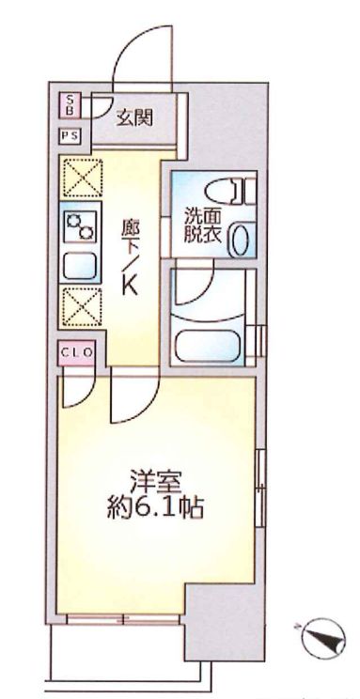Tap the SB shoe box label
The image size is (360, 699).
click(70, 104)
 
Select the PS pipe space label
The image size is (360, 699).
click(70, 135)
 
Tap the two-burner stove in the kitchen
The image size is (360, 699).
click(81, 225)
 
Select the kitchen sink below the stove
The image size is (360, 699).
click(81, 266)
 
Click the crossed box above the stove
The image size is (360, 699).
click(81, 178)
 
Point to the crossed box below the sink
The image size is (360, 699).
click(81, 306)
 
